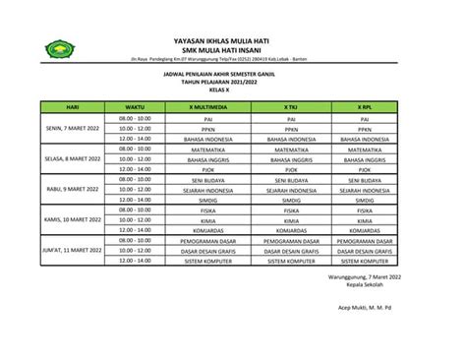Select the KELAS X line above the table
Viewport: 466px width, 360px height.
coord(233,89)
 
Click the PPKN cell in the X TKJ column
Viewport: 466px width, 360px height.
coord(291,128)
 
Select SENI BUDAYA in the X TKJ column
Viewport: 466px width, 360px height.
coord(291,179)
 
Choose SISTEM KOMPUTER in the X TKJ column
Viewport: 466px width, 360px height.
coord(291,261)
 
